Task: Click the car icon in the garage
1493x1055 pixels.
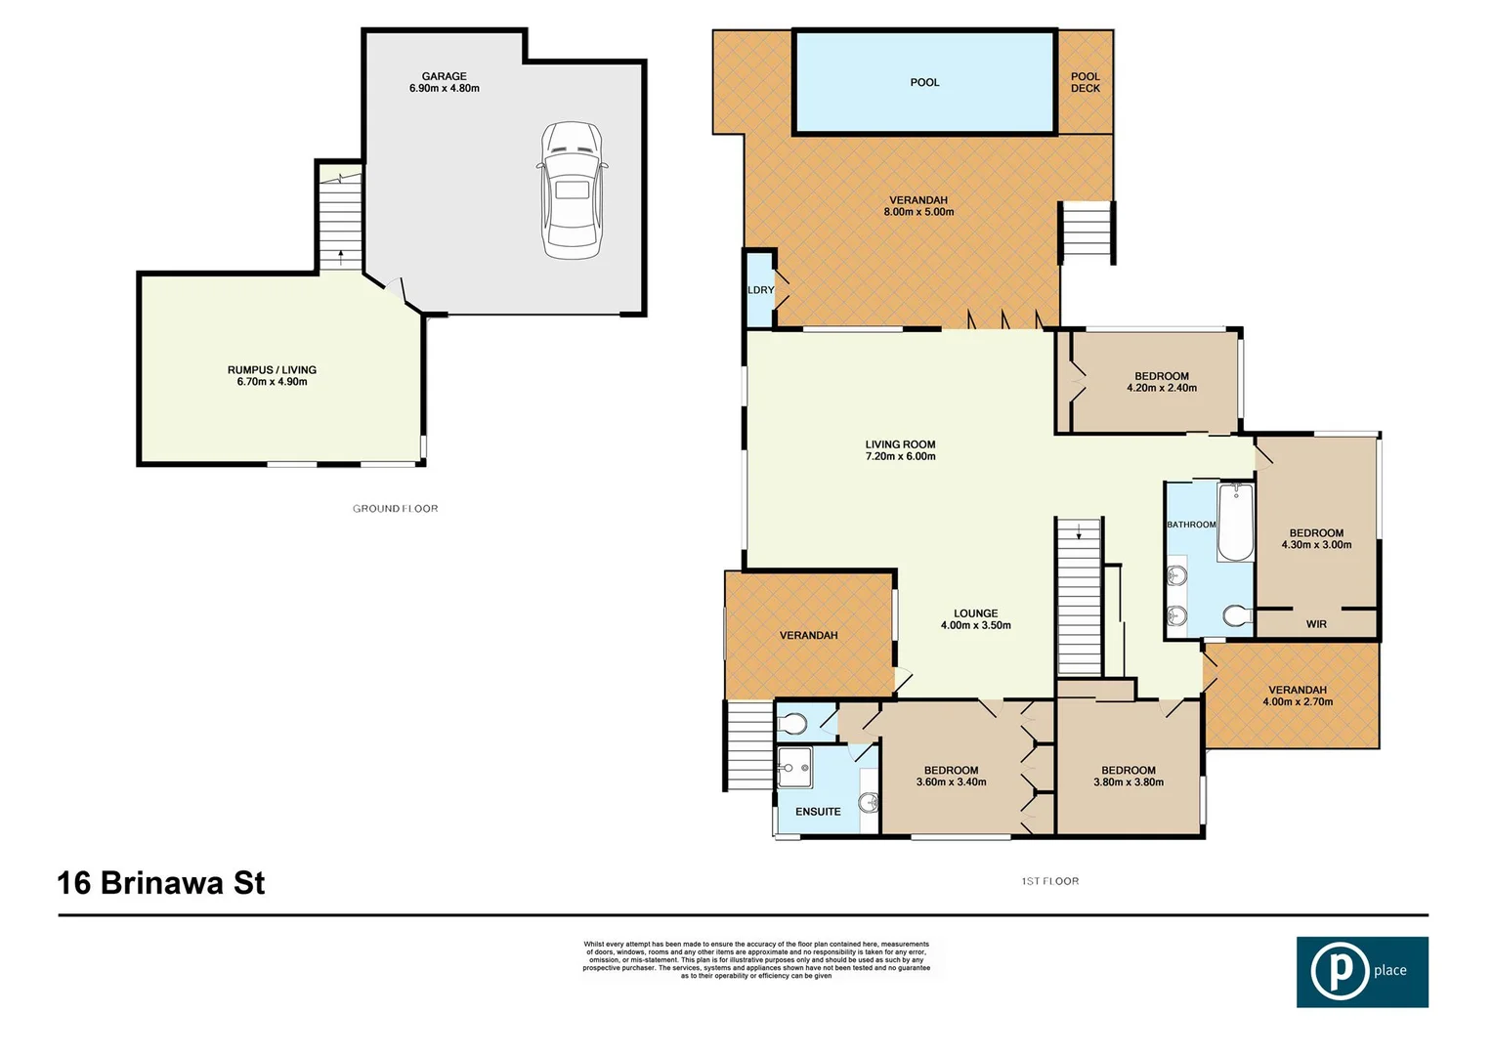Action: click(572, 190)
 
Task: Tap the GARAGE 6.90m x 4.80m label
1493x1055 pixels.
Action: click(444, 82)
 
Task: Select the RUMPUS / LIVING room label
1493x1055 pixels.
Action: click(272, 376)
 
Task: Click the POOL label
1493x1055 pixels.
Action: click(924, 83)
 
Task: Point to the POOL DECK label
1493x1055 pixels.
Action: click(1085, 82)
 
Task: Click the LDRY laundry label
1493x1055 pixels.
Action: click(760, 290)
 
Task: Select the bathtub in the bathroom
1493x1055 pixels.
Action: click(1235, 523)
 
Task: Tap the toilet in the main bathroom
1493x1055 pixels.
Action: click(1237, 616)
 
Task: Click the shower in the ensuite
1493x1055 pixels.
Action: click(794, 768)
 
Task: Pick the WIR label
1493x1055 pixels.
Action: click(1316, 624)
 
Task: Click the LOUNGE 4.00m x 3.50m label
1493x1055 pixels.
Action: click(975, 619)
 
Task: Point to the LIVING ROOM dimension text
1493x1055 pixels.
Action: click(900, 456)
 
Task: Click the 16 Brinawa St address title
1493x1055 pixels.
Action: click(161, 883)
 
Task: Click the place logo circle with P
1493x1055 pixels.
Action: click(1340, 972)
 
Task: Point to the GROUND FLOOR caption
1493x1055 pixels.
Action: click(395, 509)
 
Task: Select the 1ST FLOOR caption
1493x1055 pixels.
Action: click(1049, 881)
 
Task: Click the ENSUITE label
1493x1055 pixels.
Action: click(818, 812)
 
